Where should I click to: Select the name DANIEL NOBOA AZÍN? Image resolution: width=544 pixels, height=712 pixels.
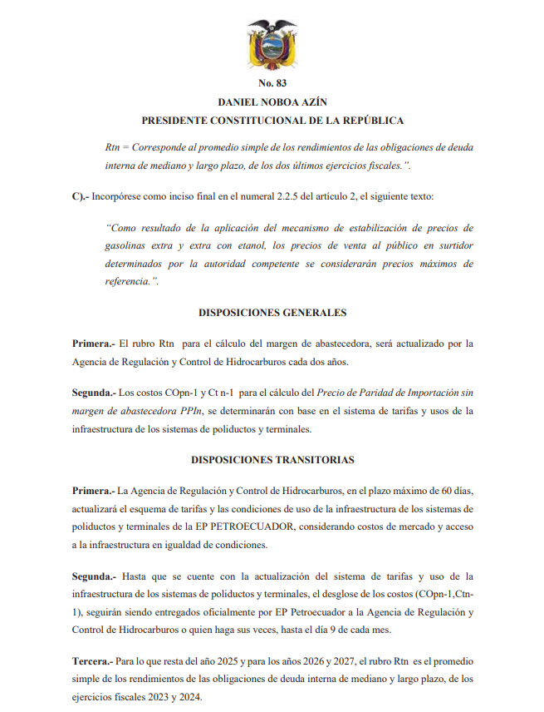272,102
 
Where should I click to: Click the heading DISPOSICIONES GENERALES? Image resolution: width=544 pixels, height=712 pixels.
272,313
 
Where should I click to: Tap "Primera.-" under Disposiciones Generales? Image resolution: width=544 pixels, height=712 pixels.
94,342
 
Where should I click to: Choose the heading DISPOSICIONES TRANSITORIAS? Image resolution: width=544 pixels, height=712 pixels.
272,459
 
